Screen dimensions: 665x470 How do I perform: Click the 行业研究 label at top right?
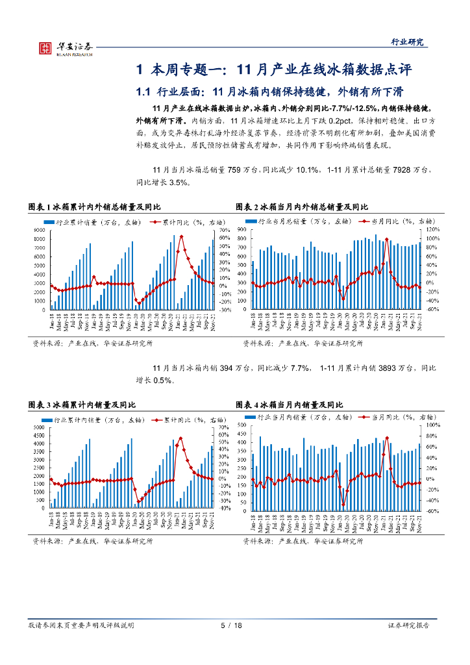[407, 42]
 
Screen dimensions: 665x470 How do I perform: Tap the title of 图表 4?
[297, 404]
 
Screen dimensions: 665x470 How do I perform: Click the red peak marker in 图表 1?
[181, 236]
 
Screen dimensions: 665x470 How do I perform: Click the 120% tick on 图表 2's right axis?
[432, 230]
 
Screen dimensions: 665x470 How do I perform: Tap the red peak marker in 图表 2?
[386, 240]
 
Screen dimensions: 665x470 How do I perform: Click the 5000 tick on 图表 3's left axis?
[39, 428]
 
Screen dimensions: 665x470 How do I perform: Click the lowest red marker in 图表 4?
[343, 505]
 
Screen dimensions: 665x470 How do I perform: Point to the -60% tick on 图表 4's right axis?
[432, 510]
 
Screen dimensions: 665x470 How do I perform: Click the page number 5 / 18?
[231, 625]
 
